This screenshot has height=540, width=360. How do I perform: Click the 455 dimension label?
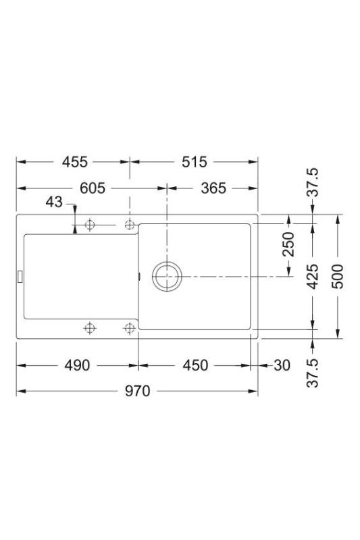coord(74,162)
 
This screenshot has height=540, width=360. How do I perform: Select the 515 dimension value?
coord(193,162)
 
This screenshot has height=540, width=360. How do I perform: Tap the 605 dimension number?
coord(92,188)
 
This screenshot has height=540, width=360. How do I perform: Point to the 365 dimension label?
coord(213,188)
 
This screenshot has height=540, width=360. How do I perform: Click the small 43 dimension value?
coord(54,202)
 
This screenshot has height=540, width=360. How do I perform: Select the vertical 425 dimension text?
coord(313,276)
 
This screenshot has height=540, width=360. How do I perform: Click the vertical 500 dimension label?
coord(338,276)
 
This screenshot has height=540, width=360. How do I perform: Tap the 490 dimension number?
coord(76,365)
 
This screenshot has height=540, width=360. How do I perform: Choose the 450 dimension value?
coord(195,365)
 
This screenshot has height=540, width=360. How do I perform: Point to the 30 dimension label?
coord(282,365)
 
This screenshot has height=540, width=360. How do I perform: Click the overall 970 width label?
coord(138,391)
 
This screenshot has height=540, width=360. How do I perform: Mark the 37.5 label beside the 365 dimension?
coord(313,184)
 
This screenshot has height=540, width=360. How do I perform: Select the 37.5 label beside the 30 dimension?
coord(313,371)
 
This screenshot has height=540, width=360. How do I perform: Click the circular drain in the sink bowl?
coord(166,276)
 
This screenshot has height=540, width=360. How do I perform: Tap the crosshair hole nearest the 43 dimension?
coord(88,225)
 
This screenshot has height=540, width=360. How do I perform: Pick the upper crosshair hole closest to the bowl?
coord(130,225)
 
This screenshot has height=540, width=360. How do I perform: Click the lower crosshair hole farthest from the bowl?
coord(88,328)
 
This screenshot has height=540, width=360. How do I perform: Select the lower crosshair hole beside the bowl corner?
coord(130,328)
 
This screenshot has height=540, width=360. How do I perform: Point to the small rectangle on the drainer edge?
coord(20,276)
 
